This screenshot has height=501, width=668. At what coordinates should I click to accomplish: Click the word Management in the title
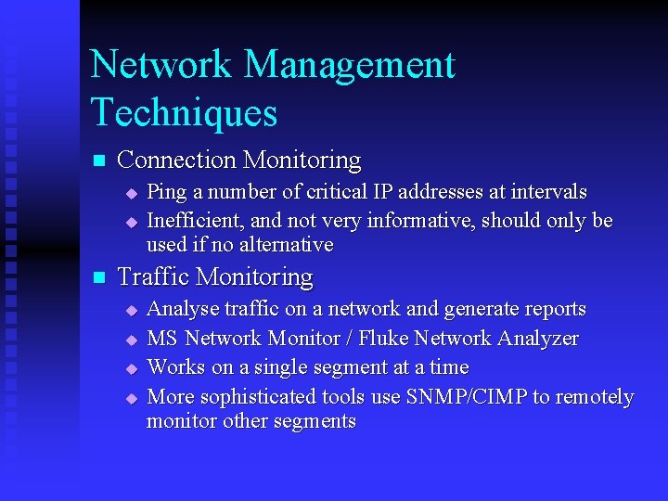point(350,65)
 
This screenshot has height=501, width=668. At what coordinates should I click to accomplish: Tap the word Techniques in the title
point(184,112)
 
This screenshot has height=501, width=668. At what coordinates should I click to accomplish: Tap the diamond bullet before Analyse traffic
point(131,310)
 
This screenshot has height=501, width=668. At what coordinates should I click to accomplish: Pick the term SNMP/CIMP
point(465,397)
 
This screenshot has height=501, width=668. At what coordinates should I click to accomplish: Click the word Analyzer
point(533,338)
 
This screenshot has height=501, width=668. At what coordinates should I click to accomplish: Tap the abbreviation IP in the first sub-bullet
point(383,192)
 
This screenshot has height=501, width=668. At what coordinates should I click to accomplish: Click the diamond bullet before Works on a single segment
point(131,368)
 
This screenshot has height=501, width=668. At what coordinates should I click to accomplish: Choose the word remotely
point(595,397)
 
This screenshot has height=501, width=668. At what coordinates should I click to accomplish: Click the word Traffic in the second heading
point(155,277)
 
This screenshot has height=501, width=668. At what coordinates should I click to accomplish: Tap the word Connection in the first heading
point(177,161)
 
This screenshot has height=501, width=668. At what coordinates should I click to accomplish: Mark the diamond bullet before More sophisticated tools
point(131,398)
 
